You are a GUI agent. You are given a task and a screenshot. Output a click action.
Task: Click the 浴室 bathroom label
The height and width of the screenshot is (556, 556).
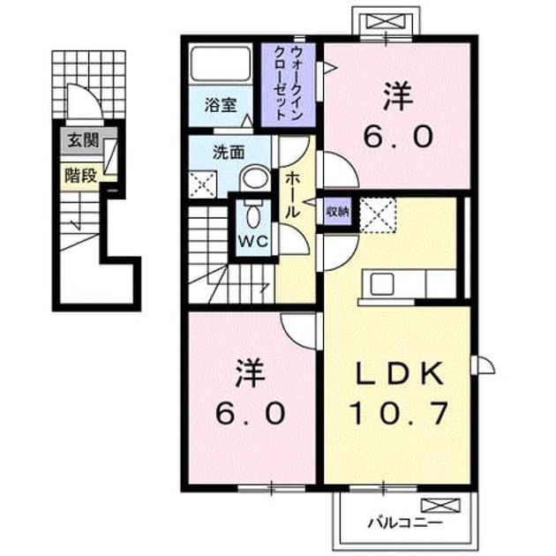[221, 105]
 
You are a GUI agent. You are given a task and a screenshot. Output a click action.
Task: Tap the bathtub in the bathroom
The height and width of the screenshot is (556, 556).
[221, 64]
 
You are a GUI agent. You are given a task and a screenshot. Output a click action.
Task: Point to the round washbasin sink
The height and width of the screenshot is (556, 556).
[255, 179]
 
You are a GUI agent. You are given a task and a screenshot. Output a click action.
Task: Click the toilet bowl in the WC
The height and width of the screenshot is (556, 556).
[253, 214]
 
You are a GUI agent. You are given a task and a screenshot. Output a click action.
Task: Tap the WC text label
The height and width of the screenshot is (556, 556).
[253, 242]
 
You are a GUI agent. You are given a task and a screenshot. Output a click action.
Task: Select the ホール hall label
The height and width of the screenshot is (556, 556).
[293, 194]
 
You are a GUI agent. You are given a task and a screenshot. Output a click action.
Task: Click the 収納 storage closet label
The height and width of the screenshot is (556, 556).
[338, 212]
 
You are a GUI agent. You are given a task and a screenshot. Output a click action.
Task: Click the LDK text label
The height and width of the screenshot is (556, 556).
[399, 373]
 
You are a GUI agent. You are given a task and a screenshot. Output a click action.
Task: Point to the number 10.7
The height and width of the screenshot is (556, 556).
[399, 413]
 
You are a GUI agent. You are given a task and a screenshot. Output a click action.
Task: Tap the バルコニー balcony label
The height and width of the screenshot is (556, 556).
[404, 522]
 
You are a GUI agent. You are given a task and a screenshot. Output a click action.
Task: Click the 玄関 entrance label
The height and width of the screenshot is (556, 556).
[84, 140]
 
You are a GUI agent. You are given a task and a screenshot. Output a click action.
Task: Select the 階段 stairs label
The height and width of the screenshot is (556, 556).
[81, 175]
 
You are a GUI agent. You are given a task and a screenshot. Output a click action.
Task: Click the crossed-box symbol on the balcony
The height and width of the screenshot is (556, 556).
[440, 506]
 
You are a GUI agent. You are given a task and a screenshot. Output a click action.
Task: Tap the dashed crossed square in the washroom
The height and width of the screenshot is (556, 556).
[202, 184]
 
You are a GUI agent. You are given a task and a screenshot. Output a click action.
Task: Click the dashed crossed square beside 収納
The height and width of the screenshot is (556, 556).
[378, 214]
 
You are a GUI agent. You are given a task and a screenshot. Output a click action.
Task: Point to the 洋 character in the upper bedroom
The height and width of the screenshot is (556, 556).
[398, 96]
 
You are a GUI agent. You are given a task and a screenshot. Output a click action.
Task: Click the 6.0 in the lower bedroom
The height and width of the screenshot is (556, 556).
[250, 413]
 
